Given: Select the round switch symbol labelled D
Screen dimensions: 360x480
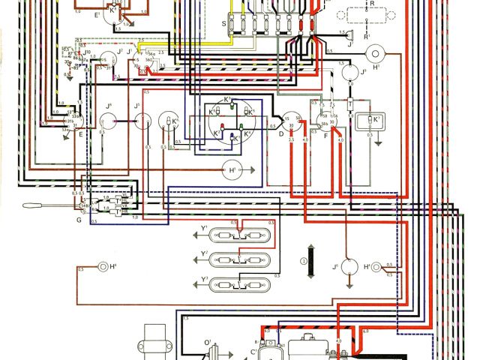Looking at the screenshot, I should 290,122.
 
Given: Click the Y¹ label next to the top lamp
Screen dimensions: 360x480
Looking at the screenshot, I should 204,227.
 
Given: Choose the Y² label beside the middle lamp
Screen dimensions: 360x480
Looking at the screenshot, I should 204,254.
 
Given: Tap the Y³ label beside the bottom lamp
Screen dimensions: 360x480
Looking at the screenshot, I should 204,280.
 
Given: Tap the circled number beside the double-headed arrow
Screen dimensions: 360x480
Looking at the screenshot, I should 304,261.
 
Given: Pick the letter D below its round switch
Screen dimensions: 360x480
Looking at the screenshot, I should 281,136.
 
